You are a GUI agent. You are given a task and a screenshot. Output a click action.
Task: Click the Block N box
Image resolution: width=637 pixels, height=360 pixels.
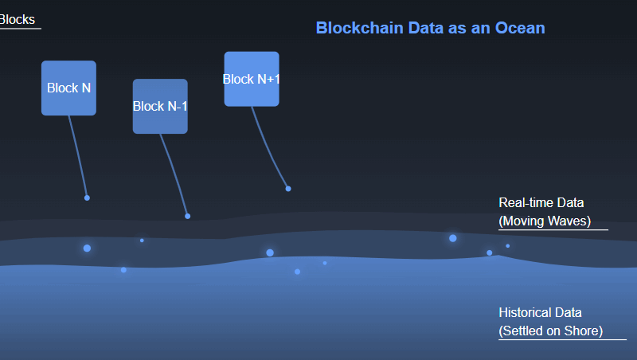[68, 88]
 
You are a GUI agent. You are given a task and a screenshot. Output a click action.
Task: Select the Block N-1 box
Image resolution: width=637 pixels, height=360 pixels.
[160, 107]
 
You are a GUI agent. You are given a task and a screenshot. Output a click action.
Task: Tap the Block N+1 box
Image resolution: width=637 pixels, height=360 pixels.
[252, 79]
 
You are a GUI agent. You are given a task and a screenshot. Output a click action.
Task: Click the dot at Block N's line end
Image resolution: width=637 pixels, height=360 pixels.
[87, 198]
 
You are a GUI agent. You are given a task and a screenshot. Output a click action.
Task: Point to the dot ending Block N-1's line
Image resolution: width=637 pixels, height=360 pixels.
[188, 216]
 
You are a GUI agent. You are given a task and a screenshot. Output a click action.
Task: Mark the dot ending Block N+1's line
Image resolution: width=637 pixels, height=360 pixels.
[288, 189]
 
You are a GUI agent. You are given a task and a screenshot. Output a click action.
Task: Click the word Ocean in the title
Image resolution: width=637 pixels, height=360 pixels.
[520, 28]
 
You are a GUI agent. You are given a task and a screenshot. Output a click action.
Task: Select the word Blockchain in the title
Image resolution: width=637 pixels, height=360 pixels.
[360, 28]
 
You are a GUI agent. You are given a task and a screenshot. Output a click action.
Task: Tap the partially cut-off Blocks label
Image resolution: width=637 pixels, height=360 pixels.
[18, 19]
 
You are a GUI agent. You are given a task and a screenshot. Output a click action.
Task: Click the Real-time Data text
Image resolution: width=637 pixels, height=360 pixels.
[541, 202]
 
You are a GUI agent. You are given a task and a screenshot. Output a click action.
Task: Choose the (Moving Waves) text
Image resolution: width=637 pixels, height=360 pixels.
[545, 221]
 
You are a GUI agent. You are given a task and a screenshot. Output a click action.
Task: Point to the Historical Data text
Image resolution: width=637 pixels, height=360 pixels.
[541, 312]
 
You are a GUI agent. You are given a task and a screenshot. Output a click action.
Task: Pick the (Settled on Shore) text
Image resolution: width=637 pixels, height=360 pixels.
[551, 331]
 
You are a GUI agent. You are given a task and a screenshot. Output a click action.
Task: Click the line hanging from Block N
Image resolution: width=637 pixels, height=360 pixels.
[78, 156]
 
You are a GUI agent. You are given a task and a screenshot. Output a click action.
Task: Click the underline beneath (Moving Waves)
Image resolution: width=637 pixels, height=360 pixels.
[553, 229]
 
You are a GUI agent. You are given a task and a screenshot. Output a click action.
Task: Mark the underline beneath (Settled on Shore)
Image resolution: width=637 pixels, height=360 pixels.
[563, 339]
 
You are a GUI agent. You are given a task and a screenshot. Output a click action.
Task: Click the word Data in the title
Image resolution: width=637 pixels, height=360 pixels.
[426, 28]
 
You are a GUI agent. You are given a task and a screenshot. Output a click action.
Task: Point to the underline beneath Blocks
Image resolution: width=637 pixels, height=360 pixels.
[21, 29]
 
